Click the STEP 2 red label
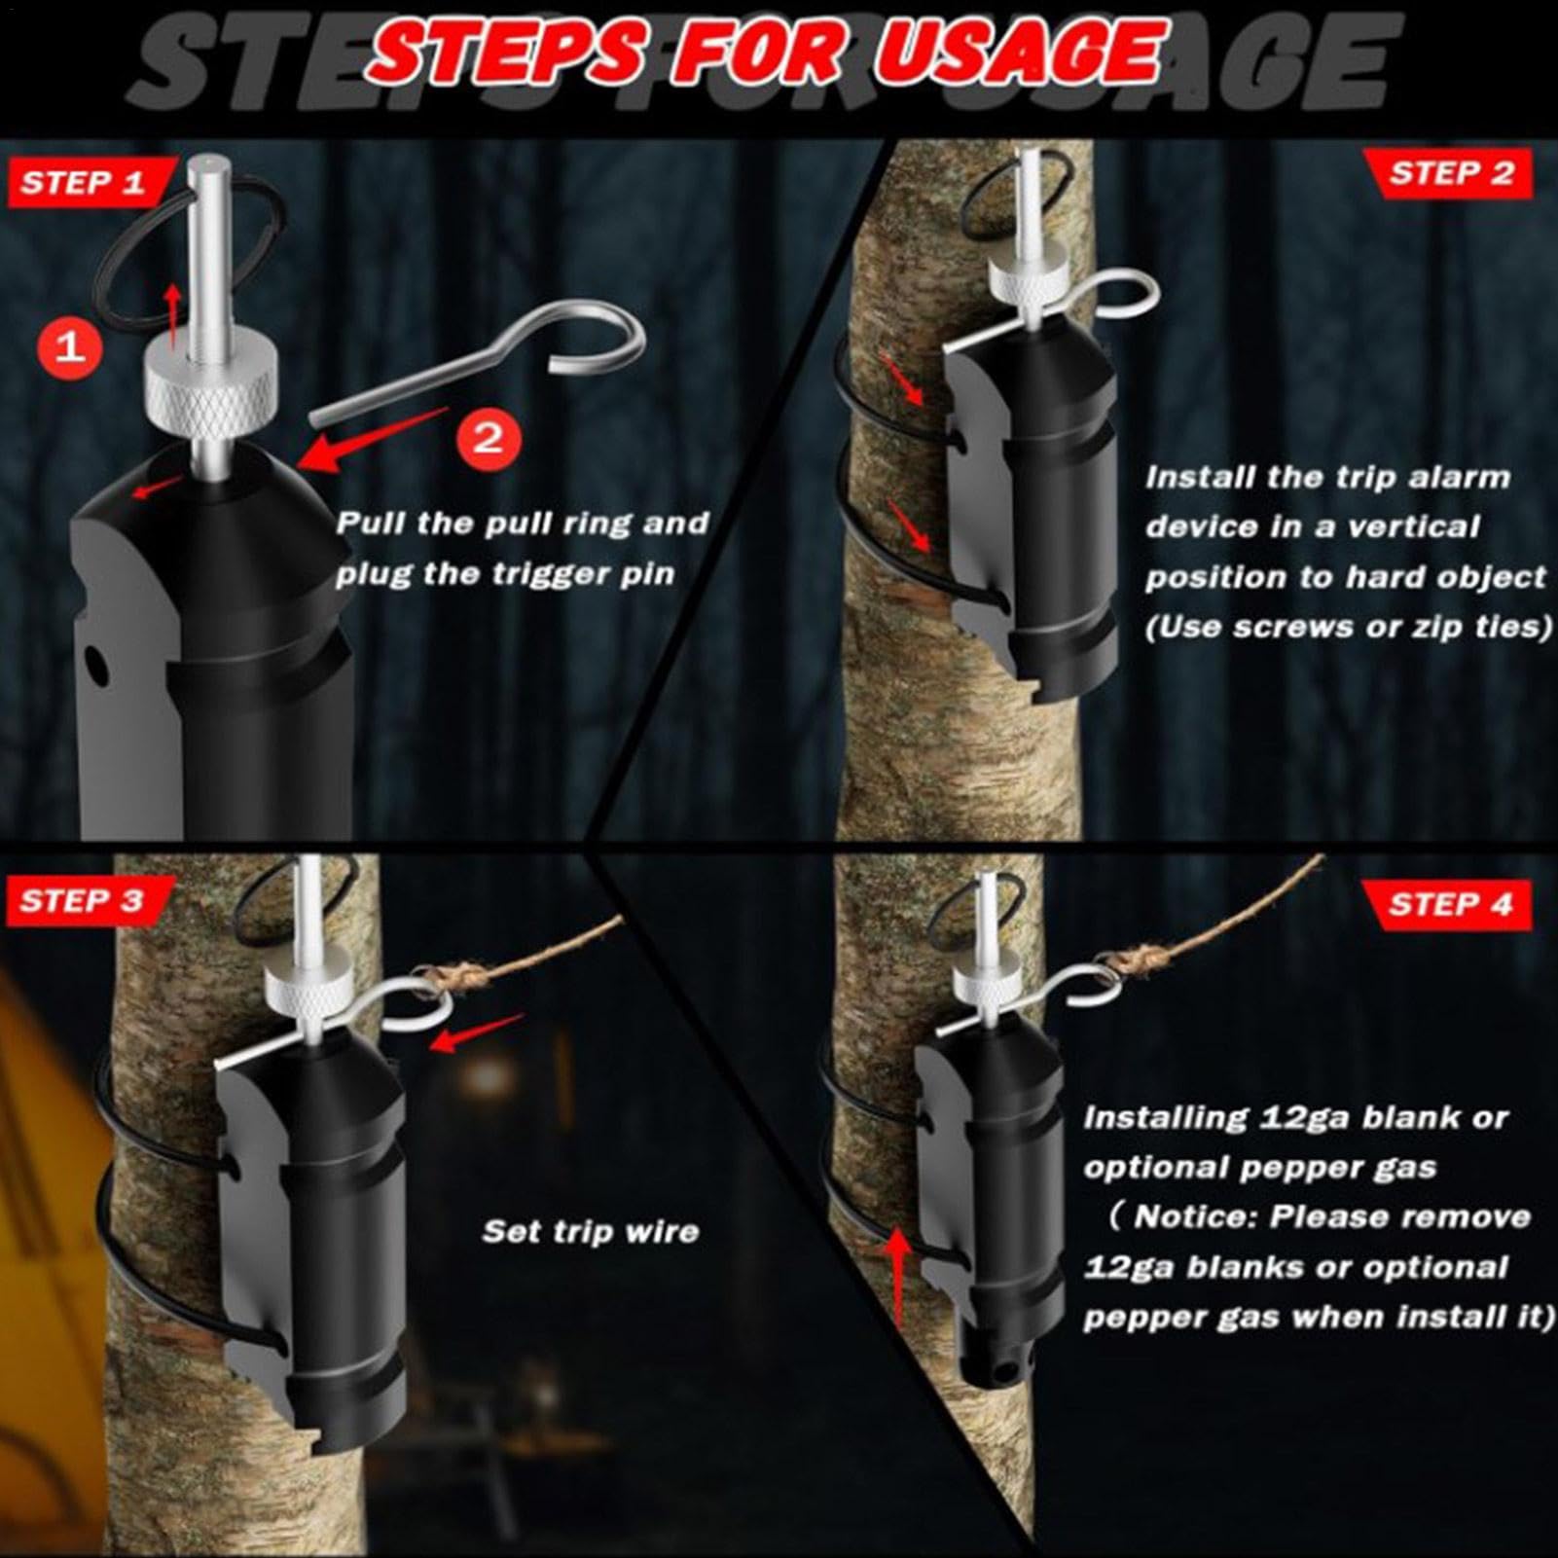pos(1449,174)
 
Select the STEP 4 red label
pos(1449,905)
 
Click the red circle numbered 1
pos(70,345)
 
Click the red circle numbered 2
pos(488,439)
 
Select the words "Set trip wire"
pos(591,1232)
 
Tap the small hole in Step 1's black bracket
pos(95,666)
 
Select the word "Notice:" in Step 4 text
pos(1193,1217)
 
